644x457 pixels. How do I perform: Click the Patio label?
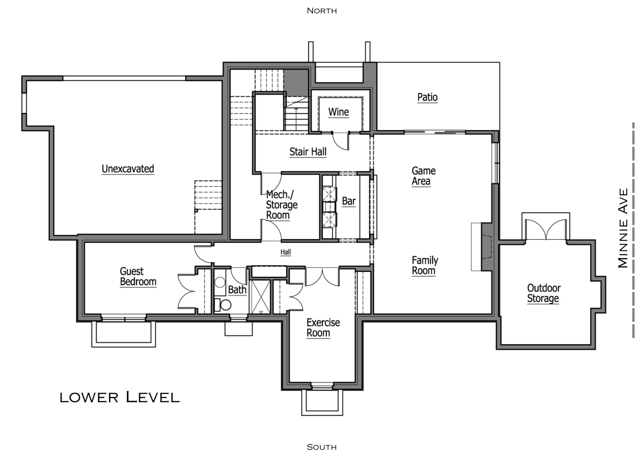pos(427,97)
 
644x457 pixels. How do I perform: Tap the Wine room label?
pos(338,112)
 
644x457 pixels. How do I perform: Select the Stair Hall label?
pos(308,152)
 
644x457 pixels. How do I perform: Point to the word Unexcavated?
pos(128,169)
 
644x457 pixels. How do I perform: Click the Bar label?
pos(349,201)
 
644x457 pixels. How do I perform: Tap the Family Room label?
pos(425,266)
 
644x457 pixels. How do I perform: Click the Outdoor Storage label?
pos(544,293)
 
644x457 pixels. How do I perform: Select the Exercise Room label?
pos(323,328)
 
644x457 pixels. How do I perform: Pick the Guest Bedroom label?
pos(138,277)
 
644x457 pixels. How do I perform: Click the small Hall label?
pos(285,252)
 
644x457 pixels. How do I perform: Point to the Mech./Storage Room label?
pos(281,205)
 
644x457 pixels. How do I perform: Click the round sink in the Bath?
pos(220,283)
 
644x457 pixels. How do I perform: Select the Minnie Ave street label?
pos(623,228)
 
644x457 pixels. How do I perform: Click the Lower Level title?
pos(120,397)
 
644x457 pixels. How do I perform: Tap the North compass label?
pos(322,11)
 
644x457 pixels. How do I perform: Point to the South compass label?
pos(322,447)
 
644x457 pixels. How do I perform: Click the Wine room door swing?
pos(340,141)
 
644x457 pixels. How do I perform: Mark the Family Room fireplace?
pos(486,247)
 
